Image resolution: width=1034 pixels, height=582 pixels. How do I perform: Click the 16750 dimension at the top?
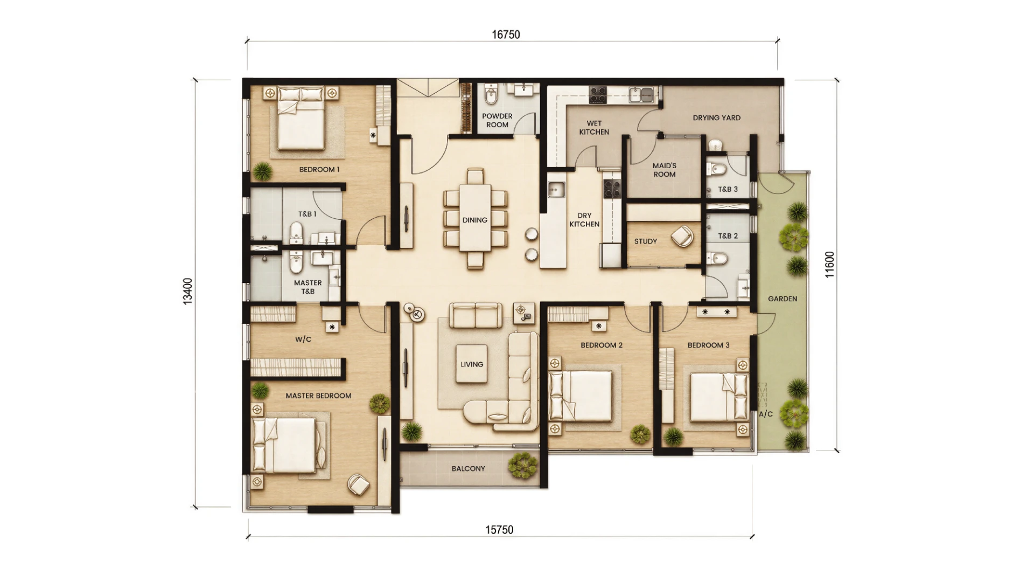506,34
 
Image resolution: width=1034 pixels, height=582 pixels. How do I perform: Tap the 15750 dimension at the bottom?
499,530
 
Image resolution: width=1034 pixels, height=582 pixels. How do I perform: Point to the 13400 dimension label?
187,292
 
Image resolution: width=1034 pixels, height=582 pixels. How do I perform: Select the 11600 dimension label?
829,265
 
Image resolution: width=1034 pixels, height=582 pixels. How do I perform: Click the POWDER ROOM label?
497,120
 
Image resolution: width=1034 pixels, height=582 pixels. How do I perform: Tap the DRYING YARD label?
716,117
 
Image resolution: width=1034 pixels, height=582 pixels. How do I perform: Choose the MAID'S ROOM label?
665,170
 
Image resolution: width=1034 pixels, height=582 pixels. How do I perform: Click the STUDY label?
646,241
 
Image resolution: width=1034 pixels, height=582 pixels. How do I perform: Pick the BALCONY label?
468,469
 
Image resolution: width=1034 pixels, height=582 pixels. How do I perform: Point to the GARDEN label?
783,299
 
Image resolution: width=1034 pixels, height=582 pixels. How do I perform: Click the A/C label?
766,414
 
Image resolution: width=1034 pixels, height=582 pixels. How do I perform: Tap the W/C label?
303,339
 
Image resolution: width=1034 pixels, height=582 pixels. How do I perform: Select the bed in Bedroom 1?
301,119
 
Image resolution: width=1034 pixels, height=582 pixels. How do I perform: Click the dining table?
475,219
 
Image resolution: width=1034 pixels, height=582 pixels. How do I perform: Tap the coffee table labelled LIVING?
472,364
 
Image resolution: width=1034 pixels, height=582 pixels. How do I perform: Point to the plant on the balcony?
522,465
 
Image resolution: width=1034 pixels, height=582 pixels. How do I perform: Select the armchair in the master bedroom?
358,484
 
